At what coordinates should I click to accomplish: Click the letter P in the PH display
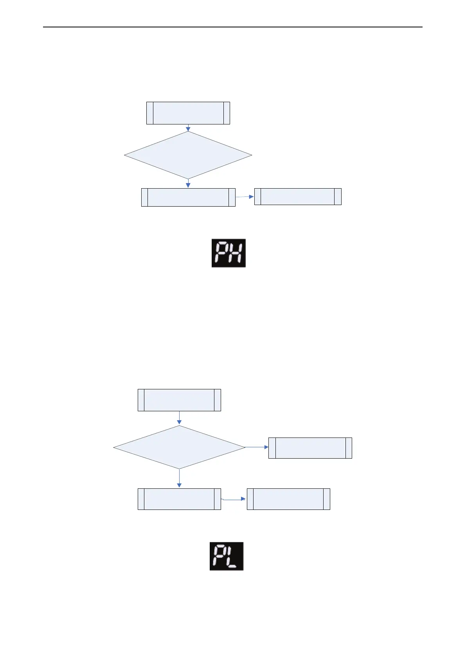(221, 253)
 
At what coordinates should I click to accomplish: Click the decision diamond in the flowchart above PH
(188, 155)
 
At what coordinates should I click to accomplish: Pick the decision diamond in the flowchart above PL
(179, 447)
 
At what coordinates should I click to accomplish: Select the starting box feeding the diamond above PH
(188, 113)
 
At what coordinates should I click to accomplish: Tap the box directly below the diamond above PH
(188, 197)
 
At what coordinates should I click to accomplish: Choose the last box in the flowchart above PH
(298, 196)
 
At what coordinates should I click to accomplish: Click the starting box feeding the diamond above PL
(179, 400)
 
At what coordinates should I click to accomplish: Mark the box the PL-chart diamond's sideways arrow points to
(310, 448)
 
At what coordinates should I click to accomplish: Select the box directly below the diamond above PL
(179, 499)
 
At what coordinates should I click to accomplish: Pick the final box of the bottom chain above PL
(288, 499)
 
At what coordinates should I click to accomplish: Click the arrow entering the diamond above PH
(188, 128)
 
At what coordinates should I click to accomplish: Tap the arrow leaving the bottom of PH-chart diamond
(188, 184)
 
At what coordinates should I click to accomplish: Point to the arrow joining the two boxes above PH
(245, 197)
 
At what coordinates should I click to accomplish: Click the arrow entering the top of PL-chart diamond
(179, 418)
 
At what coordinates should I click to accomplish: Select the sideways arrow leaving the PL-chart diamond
(257, 447)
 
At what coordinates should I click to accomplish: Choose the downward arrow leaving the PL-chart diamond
(179, 478)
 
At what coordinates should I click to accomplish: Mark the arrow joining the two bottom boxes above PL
(234, 500)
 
